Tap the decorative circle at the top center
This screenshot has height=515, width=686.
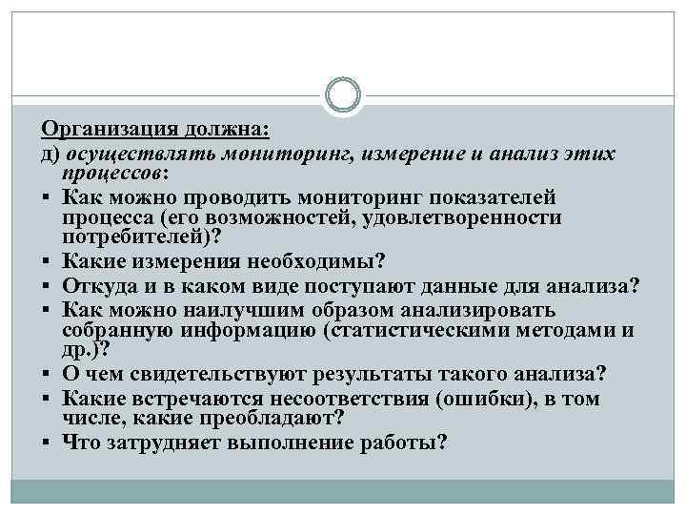(342, 95)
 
